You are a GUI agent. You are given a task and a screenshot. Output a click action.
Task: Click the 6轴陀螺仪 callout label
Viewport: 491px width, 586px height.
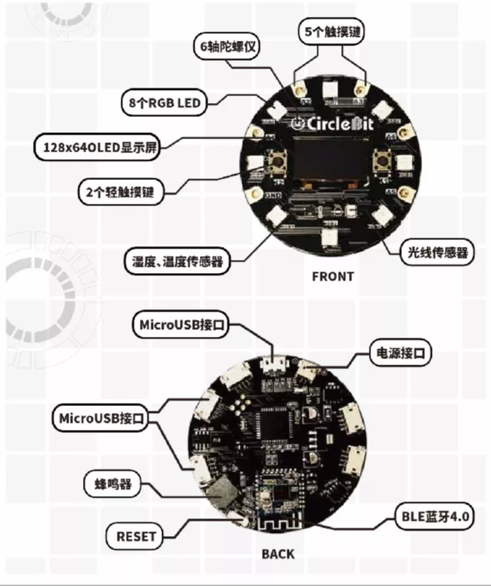tap(227, 46)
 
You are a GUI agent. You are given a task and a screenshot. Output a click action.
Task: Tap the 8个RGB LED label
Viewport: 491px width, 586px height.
tap(164, 102)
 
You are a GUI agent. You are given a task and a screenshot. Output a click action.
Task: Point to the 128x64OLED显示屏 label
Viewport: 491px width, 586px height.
tap(97, 147)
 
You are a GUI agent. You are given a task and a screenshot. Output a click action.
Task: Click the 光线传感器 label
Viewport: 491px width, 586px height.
tap(436, 251)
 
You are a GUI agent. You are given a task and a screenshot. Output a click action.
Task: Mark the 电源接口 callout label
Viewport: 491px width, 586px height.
tap(400, 353)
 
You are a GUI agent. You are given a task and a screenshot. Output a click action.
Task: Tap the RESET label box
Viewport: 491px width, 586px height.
tap(136, 536)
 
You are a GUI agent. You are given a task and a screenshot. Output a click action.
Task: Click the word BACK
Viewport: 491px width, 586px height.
tap(277, 553)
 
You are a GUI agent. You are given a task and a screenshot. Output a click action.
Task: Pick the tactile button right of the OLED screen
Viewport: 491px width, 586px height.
tap(380, 162)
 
